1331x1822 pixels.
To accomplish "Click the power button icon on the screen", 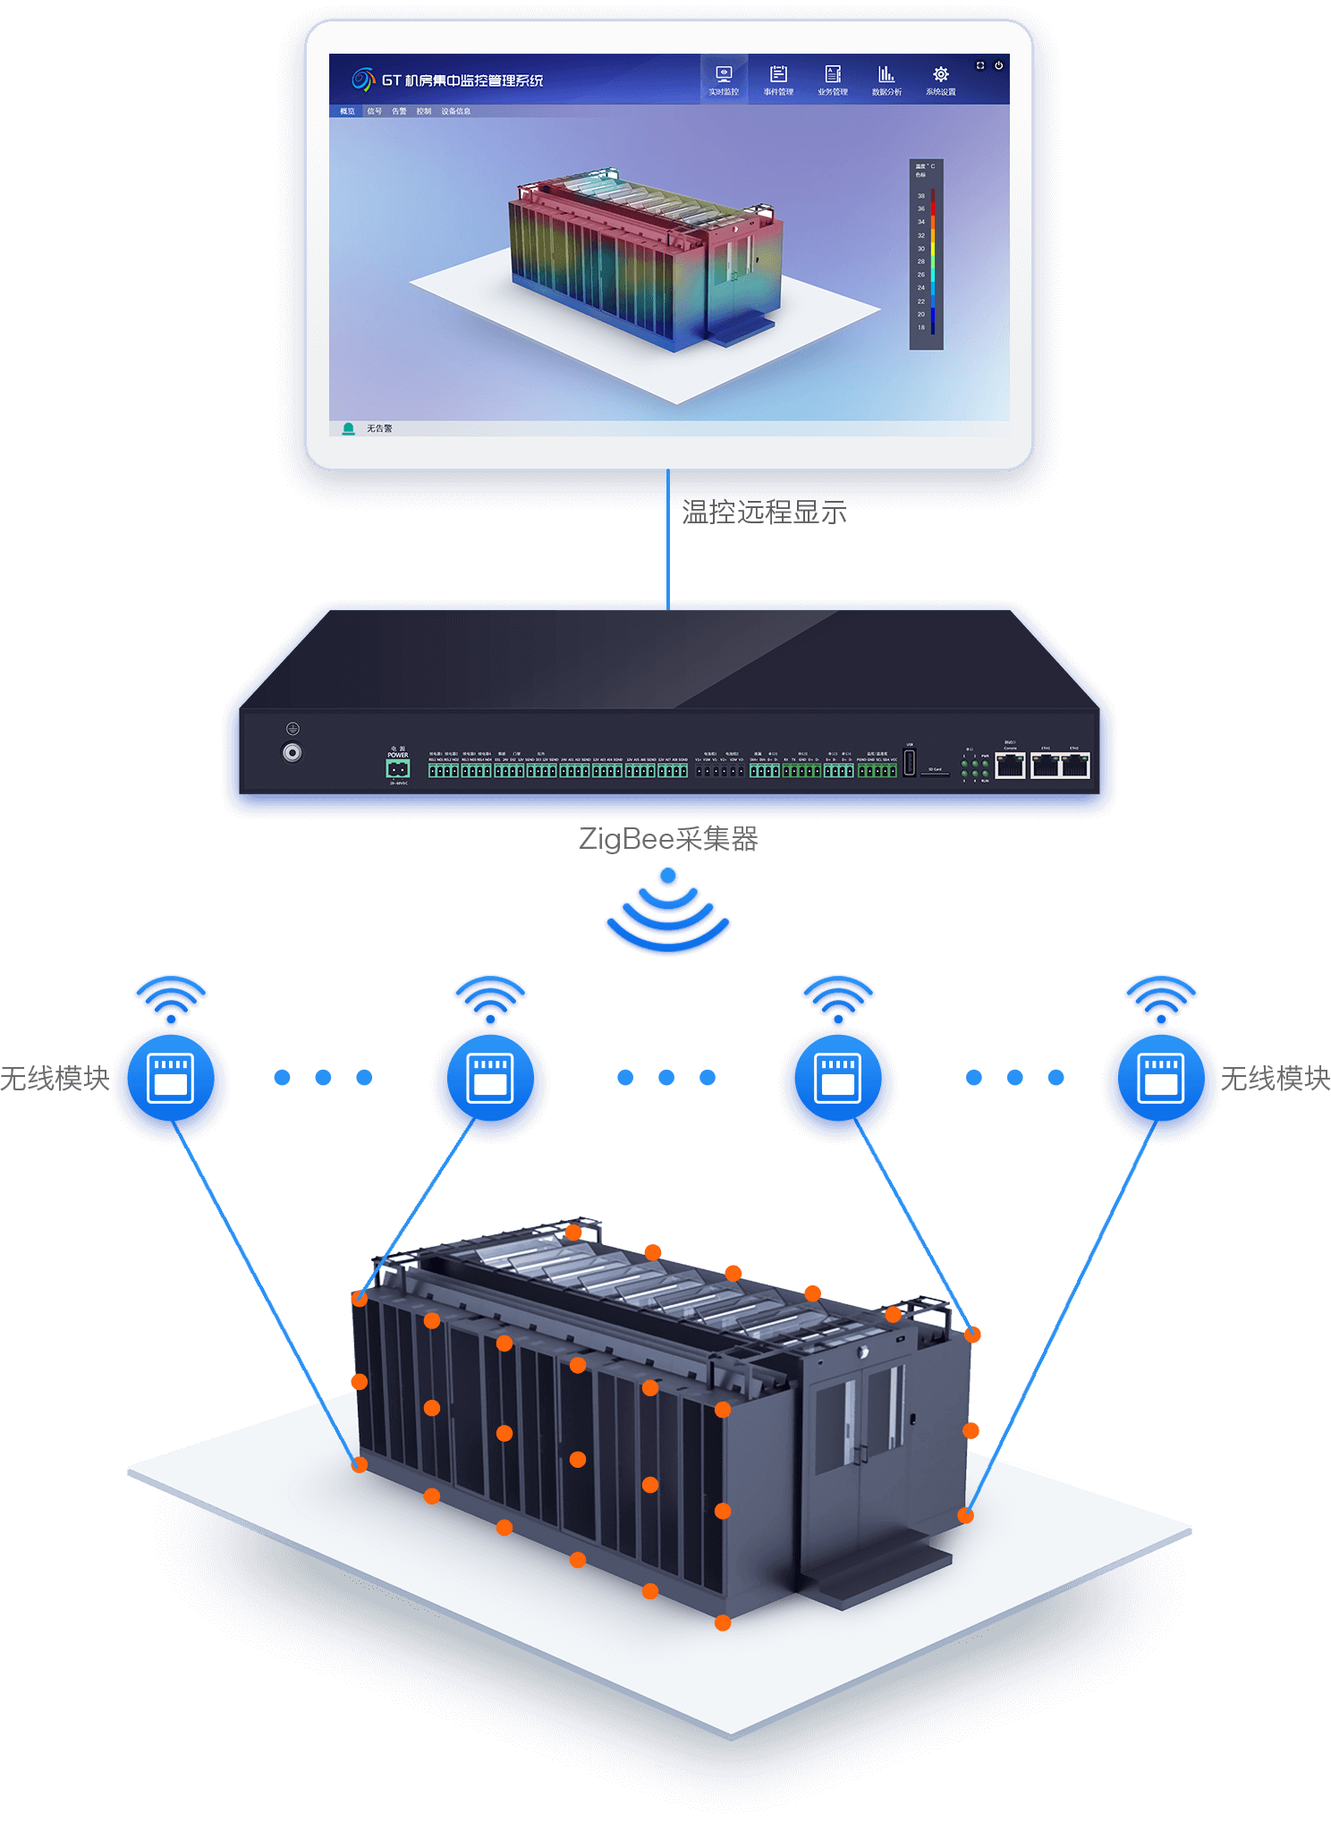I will pyautogui.click(x=999, y=65).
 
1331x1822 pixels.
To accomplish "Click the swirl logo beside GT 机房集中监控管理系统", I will pyautogui.click(x=363, y=80).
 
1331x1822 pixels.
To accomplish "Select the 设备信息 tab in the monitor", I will pyautogui.click(x=456, y=112).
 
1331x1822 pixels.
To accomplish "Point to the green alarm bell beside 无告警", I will pyautogui.click(x=349, y=429).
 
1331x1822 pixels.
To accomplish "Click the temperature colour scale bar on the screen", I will pyautogui.click(x=932, y=259).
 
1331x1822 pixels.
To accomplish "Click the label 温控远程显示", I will pyautogui.click(x=764, y=513).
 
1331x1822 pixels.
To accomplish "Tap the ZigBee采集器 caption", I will pyautogui.click(x=668, y=839).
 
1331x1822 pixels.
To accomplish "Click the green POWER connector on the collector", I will pyautogui.click(x=398, y=768).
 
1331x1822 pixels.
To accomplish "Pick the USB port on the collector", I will pyautogui.click(x=910, y=763).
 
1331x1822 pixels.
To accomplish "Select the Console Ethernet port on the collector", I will pyautogui.click(x=1011, y=766).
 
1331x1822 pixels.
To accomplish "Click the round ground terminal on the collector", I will pyautogui.click(x=292, y=753).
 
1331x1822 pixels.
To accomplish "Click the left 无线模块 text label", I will pyautogui.click(x=55, y=1079).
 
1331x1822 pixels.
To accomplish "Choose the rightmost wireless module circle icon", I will pyautogui.click(x=1160, y=1077).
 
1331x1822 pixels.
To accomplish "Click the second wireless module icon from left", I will pyautogui.click(x=490, y=1077).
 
